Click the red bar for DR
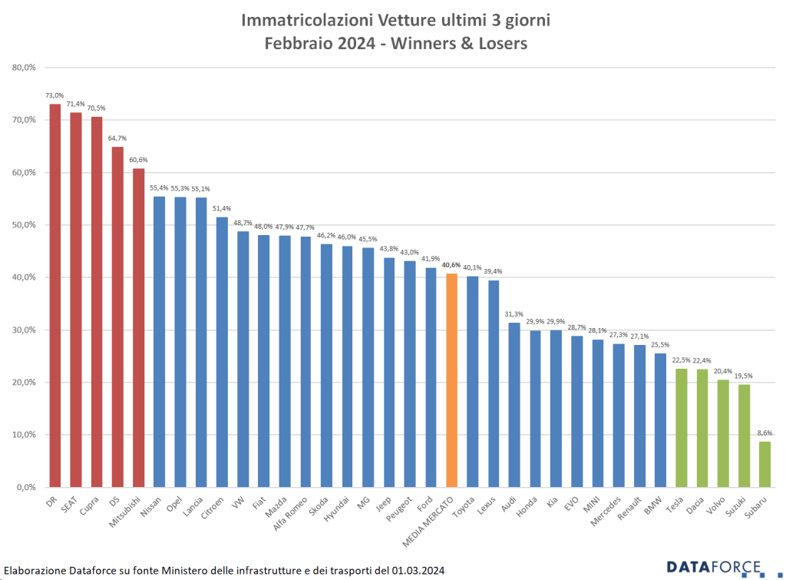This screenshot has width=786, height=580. [x=55, y=295]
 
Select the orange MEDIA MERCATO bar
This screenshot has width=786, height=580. [x=451, y=380]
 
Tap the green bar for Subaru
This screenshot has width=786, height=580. [x=765, y=464]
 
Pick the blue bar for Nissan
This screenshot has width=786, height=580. [x=160, y=341]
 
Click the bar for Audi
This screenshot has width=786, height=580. [x=514, y=404]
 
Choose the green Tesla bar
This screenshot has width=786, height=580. [x=681, y=427]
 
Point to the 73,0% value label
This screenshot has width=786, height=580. [x=54, y=95]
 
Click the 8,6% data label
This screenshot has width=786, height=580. [x=765, y=433]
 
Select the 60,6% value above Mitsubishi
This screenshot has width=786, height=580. [x=138, y=160]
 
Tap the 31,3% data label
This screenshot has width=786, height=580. [x=514, y=314]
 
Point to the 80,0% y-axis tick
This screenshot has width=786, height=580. [x=25, y=68]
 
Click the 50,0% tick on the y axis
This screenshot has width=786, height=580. [x=25, y=225]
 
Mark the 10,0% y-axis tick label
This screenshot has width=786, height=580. [x=25, y=435]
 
